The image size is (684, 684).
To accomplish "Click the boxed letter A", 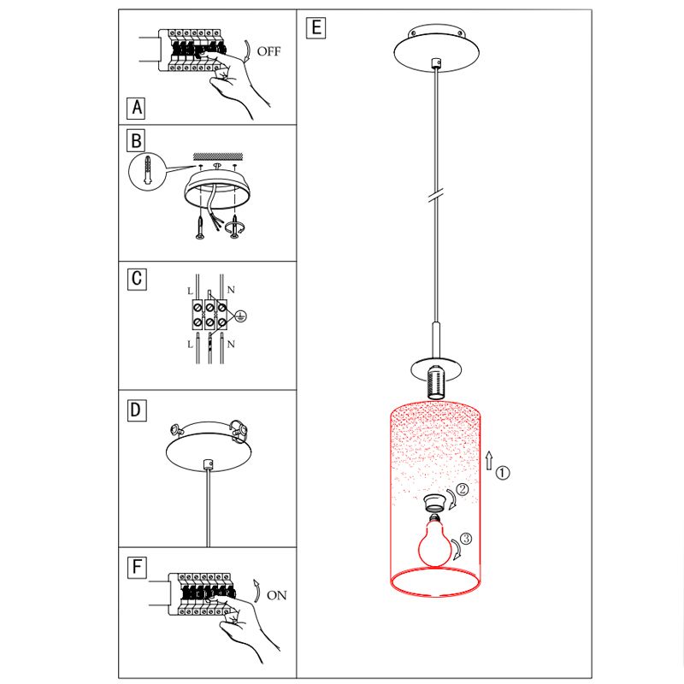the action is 136,108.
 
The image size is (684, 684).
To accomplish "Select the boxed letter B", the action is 136,140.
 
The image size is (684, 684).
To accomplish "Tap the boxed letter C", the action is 137,279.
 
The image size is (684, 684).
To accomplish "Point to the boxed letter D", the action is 137,410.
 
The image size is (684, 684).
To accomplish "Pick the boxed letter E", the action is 315,28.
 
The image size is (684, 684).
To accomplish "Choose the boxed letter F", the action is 137,567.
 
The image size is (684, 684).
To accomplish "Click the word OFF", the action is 268,51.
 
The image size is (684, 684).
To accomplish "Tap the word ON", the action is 277,595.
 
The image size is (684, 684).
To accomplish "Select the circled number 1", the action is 503,473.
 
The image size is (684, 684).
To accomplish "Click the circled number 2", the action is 462,489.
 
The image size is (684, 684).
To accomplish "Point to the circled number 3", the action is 466,539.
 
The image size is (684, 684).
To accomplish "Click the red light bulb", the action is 434,542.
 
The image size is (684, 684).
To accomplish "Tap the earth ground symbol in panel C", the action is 240,316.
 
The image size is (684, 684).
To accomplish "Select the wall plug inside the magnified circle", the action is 148,171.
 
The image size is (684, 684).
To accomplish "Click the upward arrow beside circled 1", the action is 489,460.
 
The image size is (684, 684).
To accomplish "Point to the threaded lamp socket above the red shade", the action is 435,382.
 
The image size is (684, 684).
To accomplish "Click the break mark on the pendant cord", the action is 435,195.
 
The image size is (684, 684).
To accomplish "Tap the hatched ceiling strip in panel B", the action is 218,156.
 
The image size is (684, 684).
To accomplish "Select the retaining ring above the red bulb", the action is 435,503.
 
